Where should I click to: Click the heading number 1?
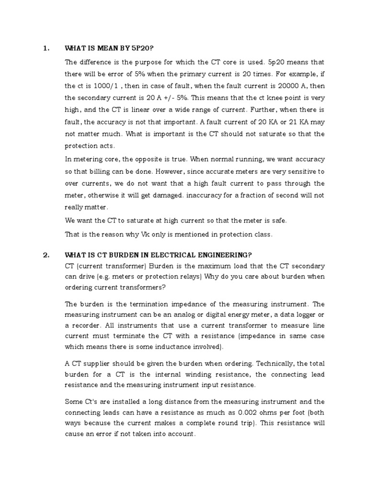point(46,48)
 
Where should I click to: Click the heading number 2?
point(46,255)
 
